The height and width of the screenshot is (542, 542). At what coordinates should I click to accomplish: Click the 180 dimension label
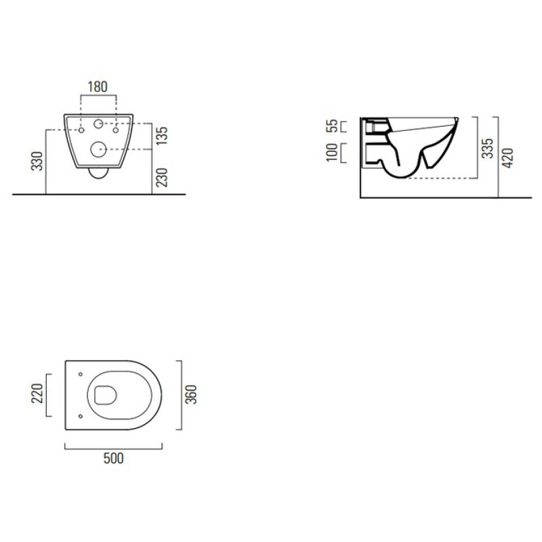(98, 87)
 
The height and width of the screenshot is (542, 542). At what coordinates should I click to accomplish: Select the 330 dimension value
(37, 161)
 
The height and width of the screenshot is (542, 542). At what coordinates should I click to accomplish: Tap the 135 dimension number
(162, 135)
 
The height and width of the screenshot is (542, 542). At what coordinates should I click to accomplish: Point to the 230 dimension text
(162, 178)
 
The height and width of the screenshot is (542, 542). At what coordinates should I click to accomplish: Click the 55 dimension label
(332, 126)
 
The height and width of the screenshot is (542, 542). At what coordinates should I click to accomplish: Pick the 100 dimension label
(332, 152)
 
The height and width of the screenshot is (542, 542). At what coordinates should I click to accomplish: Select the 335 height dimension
(487, 148)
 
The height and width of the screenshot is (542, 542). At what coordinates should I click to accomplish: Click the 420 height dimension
(507, 158)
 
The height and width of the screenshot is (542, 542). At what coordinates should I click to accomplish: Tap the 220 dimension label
(37, 394)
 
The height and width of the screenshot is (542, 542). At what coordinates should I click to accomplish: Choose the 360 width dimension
(191, 394)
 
